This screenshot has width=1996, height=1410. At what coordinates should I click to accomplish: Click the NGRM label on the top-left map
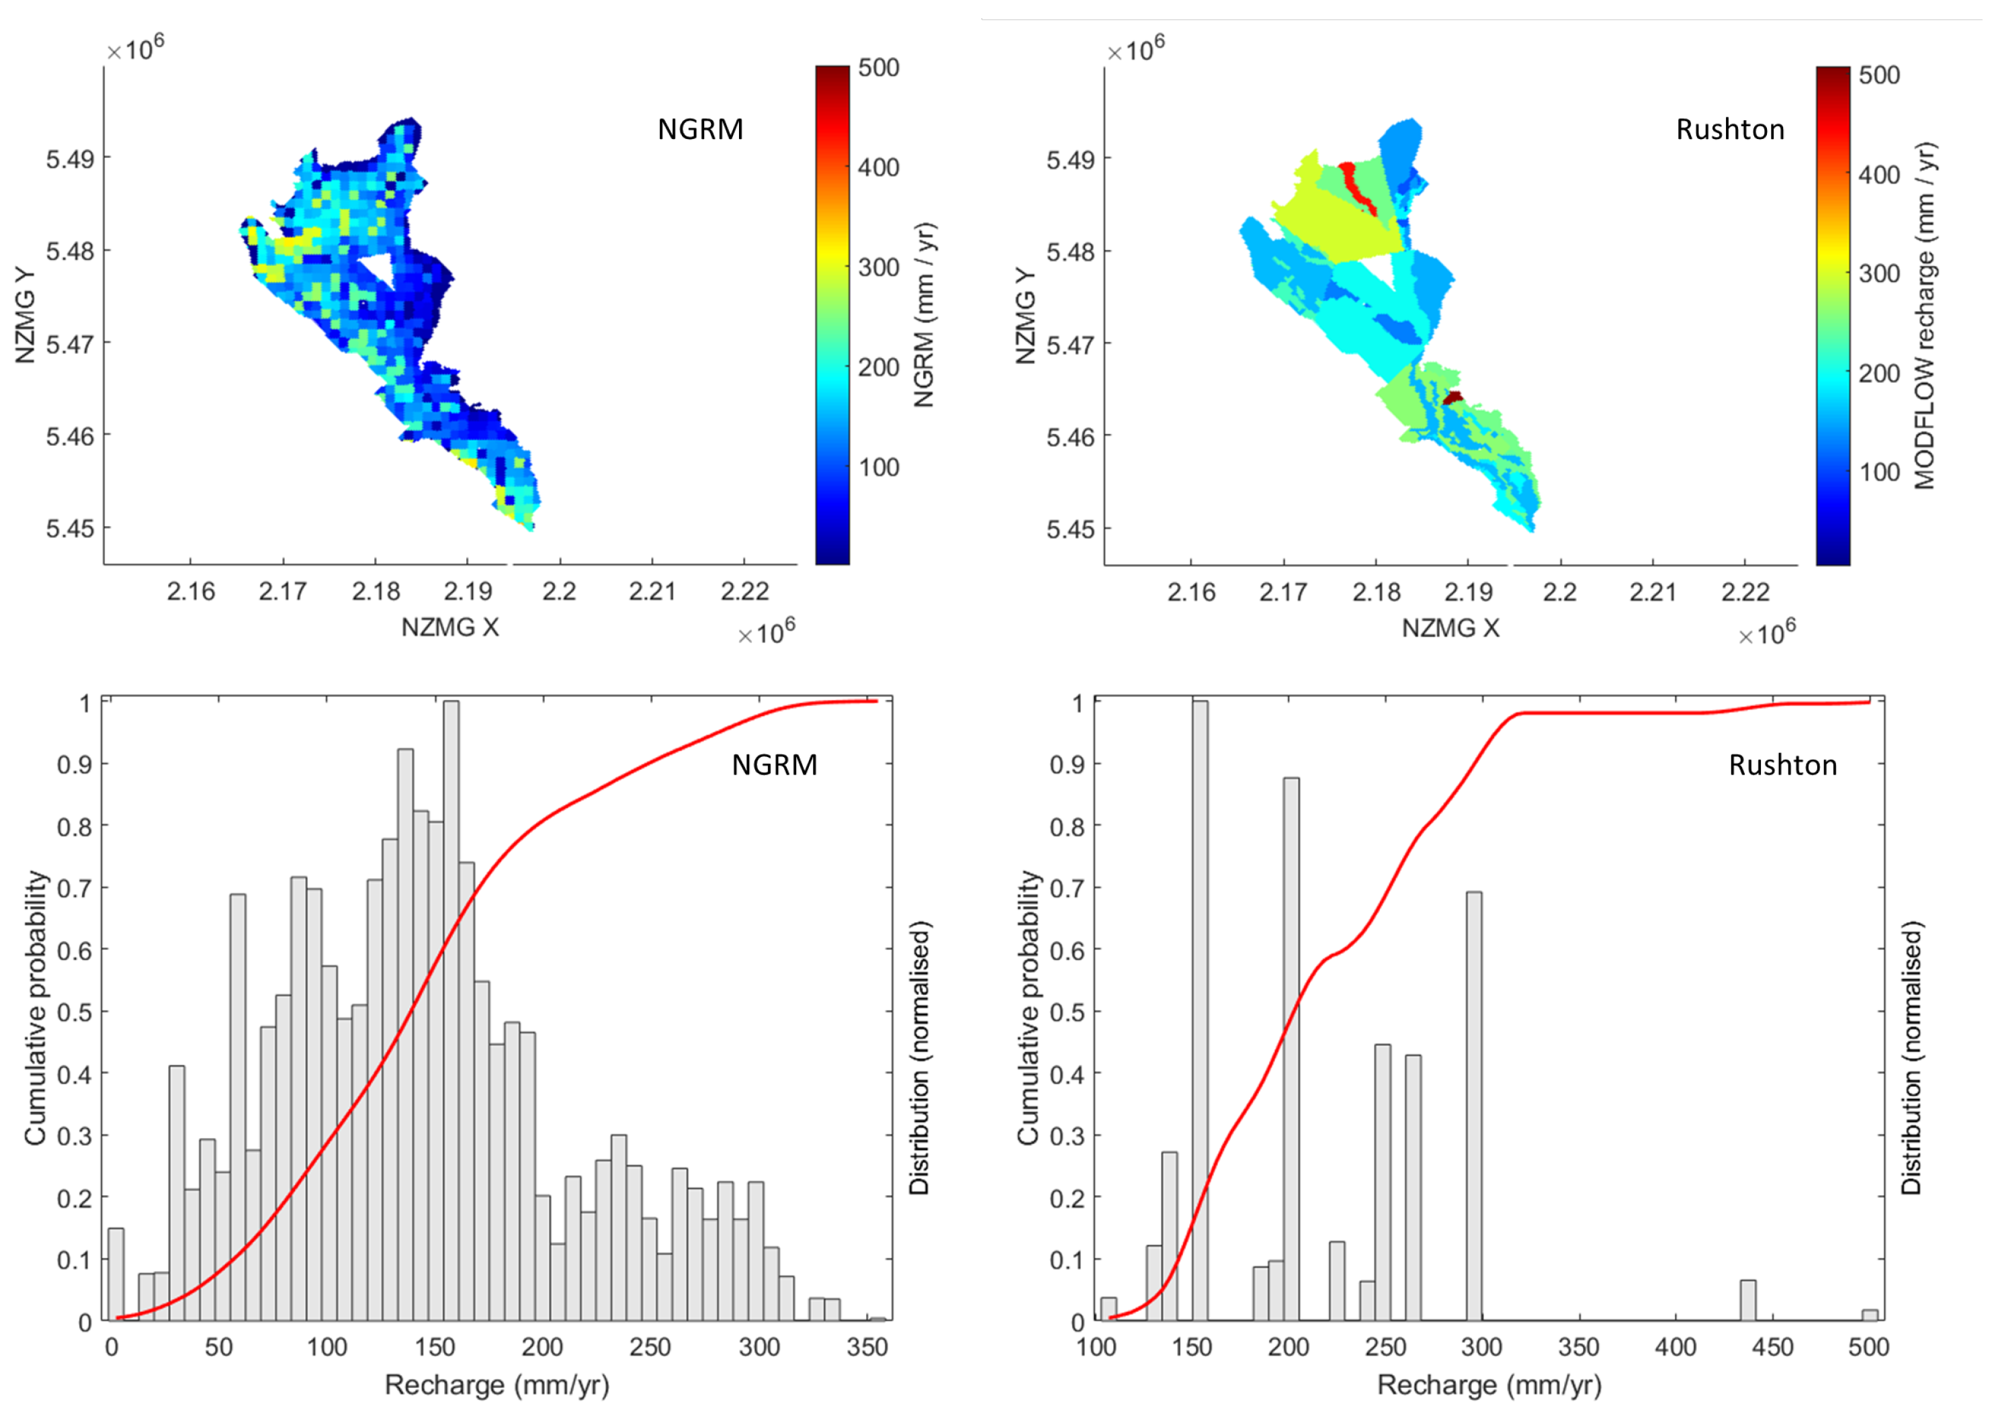(x=700, y=129)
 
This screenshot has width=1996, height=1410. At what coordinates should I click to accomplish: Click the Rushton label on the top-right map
(x=1729, y=129)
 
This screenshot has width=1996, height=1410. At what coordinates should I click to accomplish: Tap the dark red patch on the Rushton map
(x=1452, y=398)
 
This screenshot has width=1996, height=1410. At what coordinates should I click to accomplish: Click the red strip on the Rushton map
(x=1356, y=186)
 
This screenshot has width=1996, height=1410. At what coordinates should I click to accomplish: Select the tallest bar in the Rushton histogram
(x=1200, y=1008)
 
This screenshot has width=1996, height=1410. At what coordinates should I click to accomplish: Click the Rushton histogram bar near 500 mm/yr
(x=1869, y=1315)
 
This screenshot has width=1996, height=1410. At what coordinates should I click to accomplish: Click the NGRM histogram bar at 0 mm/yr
(x=116, y=1274)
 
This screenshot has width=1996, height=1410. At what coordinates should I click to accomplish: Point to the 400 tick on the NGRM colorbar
(x=878, y=167)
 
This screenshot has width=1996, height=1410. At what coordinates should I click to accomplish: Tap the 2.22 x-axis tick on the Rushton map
(x=1745, y=592)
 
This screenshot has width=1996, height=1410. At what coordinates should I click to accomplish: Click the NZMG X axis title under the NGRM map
(x=449, y=627)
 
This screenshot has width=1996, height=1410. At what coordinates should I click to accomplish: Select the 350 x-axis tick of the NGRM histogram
(x=867, y=1347)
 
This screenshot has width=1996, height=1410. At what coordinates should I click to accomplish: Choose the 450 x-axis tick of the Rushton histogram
(x=1772, y=1347)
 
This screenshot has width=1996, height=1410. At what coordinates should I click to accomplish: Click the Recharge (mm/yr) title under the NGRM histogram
(x=496, y=1384)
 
